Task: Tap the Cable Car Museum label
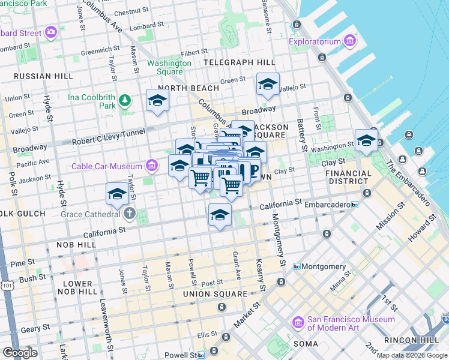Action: [x=107, y=166]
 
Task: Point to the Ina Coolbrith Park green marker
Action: [x=125, y=100]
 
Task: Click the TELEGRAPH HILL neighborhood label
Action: [x=239, y=62]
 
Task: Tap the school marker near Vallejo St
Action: [x=268, y=84]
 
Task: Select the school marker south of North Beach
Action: [x=157, y=100]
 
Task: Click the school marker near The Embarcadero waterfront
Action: [x=366, y=140]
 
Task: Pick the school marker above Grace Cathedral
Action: [x=117, y=193]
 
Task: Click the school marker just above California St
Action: [x=220, y=215]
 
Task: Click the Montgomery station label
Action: [x=323, y=266]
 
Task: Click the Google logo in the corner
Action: [x=20, y=353]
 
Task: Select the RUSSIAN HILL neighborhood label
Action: [x=35, y=76]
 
